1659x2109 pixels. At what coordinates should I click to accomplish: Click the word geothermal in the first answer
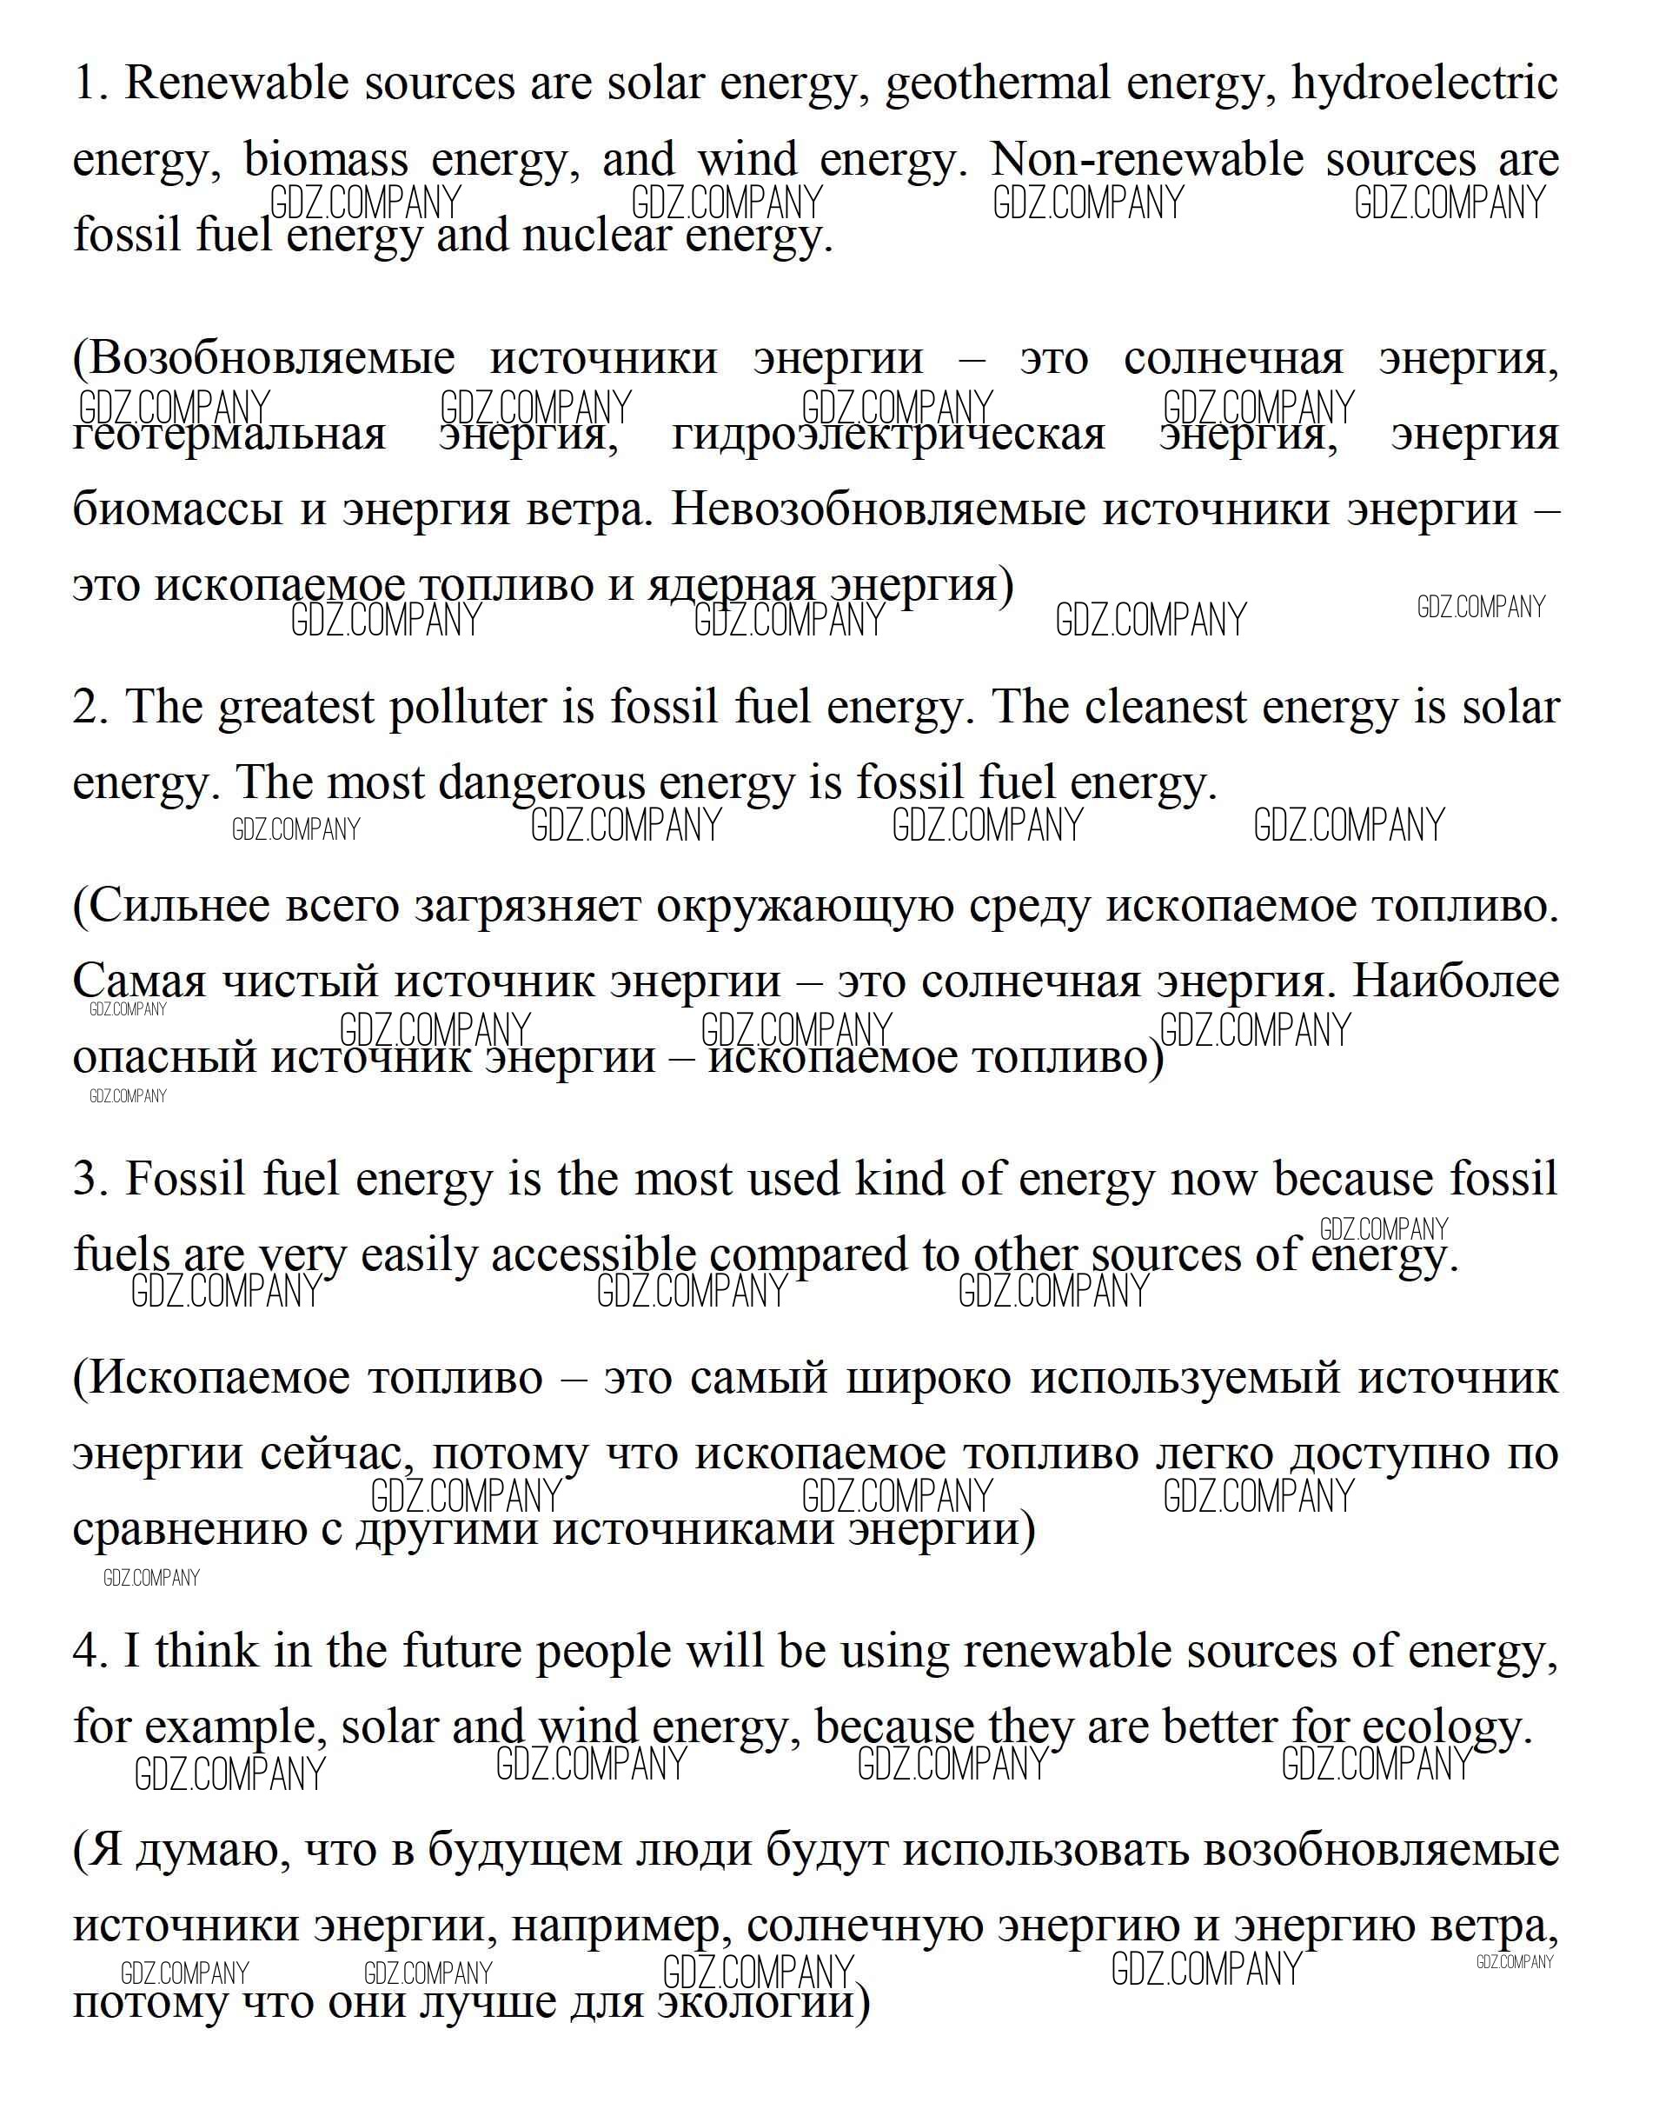point(997,83)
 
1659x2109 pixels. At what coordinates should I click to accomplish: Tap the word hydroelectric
point(1424,83)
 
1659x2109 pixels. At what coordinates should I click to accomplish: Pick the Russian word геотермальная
point(229,435)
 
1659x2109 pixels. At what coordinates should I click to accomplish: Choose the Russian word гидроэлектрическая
point(888,435)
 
